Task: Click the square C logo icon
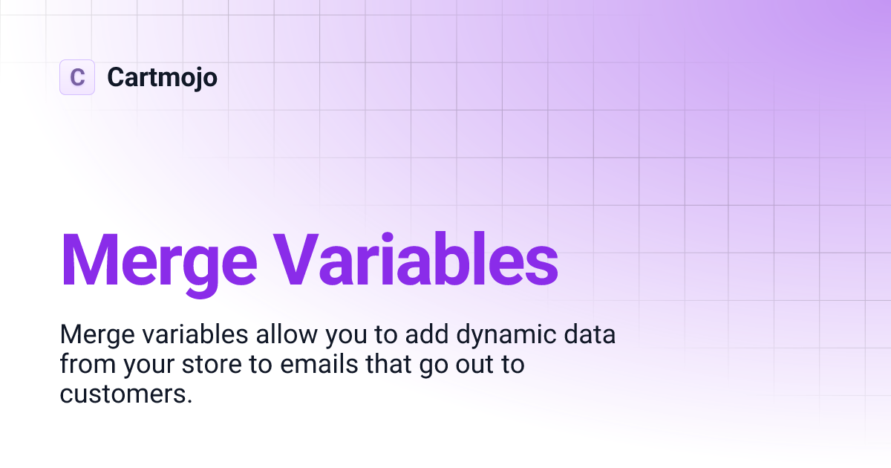[77, 77]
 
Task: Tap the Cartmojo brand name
[162, 77]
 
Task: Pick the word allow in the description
[288, 335]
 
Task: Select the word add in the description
[427, 335]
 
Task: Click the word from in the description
[84, 365]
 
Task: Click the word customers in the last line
[125, 394]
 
